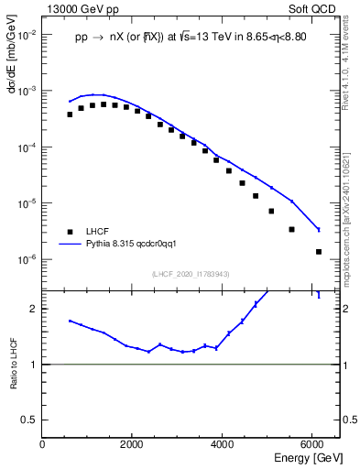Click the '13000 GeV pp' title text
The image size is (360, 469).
pos(79,8)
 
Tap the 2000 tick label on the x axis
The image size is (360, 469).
pos(132,444)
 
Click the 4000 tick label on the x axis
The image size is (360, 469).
pos(222,444)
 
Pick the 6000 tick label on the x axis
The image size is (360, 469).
pos(311,444)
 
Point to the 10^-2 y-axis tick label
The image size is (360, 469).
pos(27,35)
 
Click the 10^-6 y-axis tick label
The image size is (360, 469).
pos(27,259)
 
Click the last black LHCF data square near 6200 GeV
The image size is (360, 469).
pos(318,251)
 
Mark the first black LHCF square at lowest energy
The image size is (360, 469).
pos(70,115)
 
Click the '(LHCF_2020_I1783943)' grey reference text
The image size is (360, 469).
pos(191,274)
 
